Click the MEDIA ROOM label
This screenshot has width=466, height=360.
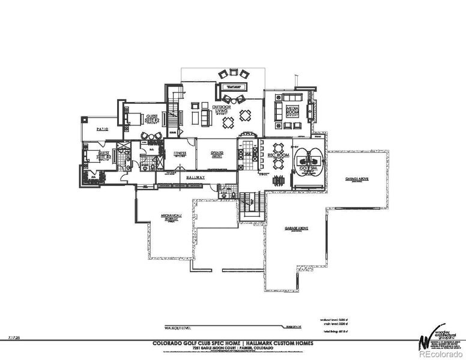pos(292,112)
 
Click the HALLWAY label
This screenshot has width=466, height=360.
pos(195,178)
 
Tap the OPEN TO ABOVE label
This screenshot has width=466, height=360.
pos(217,154)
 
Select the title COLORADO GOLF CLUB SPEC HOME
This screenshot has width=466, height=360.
pos(187,343)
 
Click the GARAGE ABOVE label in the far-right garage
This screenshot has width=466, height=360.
pos(356,179)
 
